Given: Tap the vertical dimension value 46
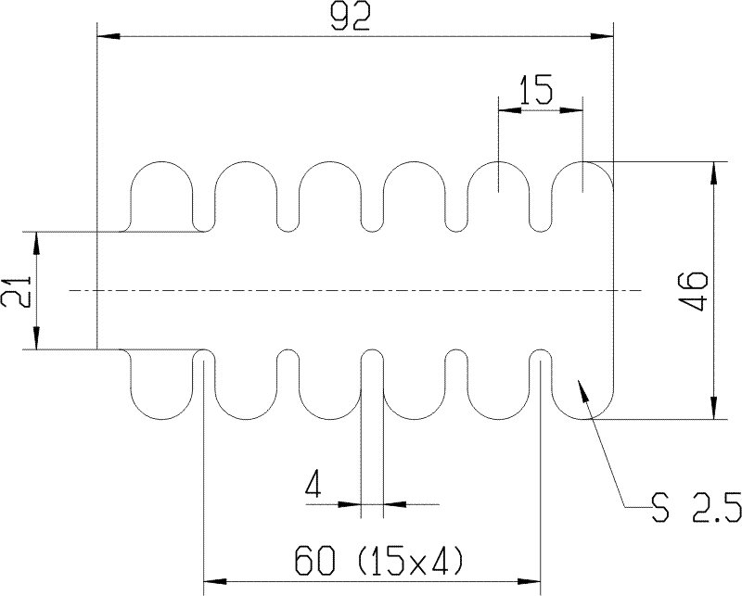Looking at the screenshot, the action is (697, 290).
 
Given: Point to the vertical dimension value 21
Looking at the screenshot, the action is (17, 291).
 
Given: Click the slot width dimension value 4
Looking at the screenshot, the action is (313, 485).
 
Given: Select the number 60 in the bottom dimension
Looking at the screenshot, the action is (314, 560).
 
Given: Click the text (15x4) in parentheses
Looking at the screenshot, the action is (409, 561).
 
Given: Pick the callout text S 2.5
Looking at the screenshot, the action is (697, 507).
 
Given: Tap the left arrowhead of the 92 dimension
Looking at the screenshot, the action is (108, 36).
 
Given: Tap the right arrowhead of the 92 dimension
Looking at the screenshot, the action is (601, 36).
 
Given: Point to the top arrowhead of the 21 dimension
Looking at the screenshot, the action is (36, 243).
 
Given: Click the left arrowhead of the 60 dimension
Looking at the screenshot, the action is (214, 581).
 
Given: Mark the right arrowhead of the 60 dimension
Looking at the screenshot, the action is (529, 581).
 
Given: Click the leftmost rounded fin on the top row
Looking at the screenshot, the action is (161, 195).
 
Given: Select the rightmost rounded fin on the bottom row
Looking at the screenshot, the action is (582, 384).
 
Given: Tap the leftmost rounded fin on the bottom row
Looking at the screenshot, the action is (161, 384).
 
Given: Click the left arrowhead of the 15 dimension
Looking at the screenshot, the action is (509, 110).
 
